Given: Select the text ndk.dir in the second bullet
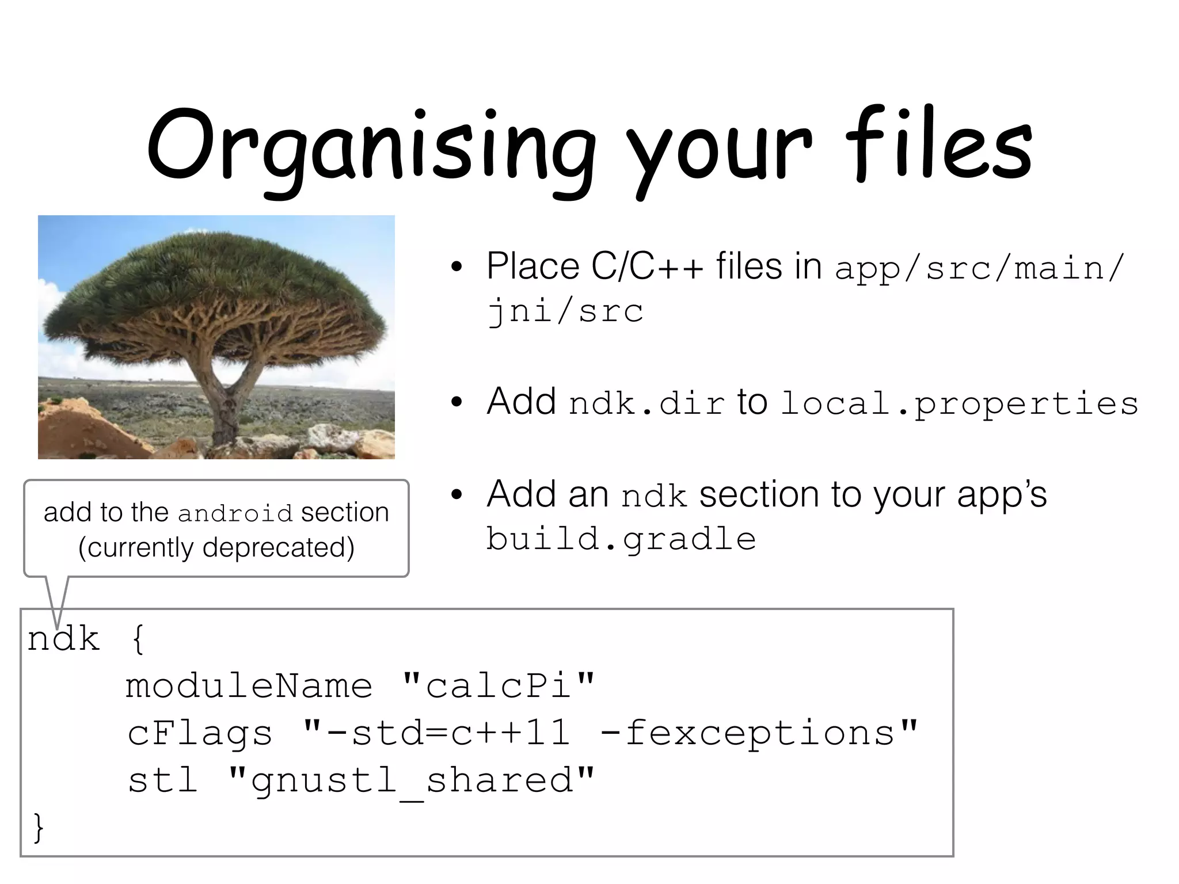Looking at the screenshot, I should tap(646, 403).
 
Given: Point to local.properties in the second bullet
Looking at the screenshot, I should tap(959, 403).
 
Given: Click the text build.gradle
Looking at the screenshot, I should tap(621, 539).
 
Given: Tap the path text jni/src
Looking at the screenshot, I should tap(565, 311).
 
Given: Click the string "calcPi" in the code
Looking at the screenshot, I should tap(498, 685).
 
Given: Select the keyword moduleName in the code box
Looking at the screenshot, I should tap(249, 685).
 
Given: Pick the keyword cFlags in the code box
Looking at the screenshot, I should tap(200, 733).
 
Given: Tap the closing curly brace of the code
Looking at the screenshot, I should tap(38, 827).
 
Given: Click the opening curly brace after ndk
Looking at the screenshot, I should tap(138, 639).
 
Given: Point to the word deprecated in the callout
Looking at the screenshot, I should tap(278, 547).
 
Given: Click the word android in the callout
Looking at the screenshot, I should tap(235, 513).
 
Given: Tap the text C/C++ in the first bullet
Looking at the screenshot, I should tap(647, 266).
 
